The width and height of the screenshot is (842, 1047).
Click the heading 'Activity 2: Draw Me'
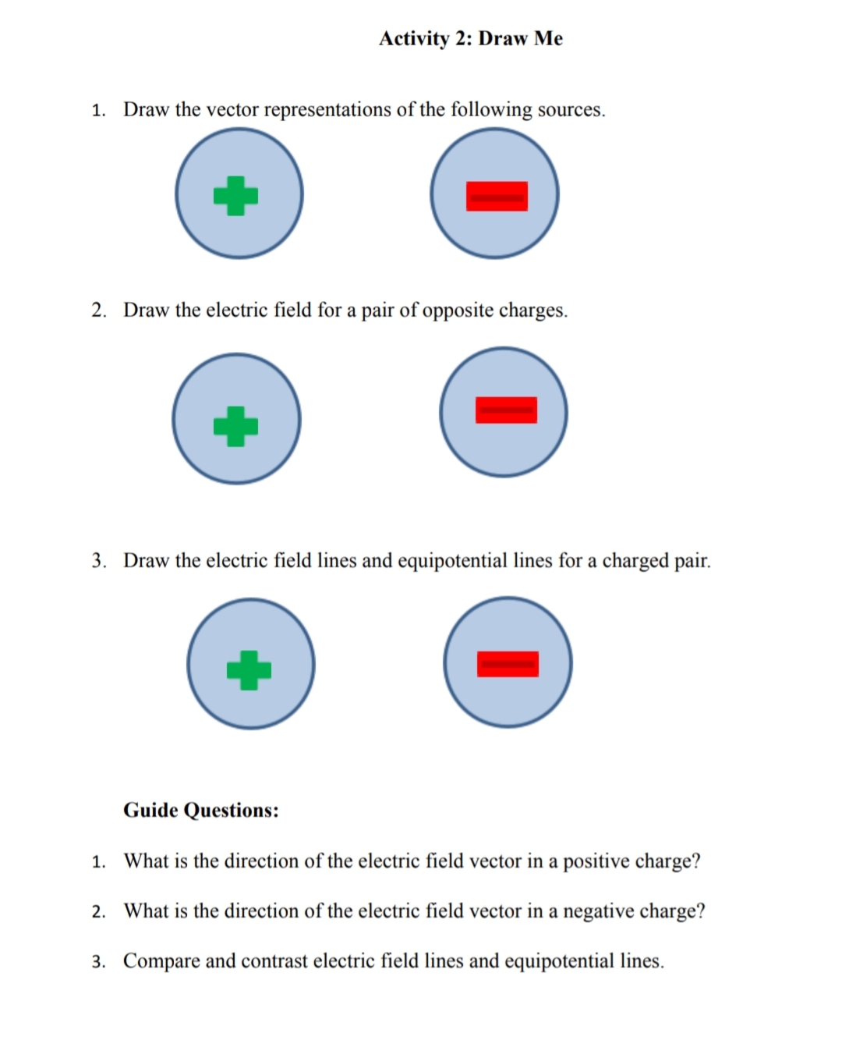[x=470, y=38]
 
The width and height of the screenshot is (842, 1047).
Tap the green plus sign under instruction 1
[x=235, y=195]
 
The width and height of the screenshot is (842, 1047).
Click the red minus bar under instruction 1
[x=497, y=197]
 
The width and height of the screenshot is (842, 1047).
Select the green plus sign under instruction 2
[x=235, y=426]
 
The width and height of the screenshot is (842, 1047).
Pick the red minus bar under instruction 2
[x=506, y=410]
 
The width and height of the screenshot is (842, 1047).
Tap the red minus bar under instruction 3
[x=508, y=664]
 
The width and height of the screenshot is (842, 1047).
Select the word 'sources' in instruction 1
[x=570, y=109]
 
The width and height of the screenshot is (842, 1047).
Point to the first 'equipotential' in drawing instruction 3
[x=452, y=561]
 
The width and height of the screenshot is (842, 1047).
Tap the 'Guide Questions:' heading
[x=200, y=810]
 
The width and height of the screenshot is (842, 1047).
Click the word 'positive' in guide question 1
[x=596, y=861]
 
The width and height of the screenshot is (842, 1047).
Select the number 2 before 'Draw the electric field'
[x=98, y=311]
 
